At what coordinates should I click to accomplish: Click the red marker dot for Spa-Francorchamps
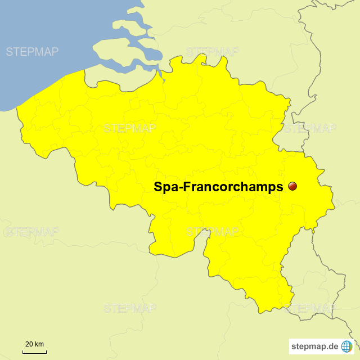point(292,186)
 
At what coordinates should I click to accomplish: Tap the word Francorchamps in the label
point(236,187)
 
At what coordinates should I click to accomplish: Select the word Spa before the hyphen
point(166,187)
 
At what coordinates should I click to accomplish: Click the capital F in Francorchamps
point(188,187)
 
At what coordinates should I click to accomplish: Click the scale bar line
point(34,353)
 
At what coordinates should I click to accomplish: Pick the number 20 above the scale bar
point(29,344)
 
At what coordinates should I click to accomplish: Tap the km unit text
point(39,344)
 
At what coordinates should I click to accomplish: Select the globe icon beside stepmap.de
point(347,346)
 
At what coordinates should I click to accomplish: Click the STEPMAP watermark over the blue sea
point(32,52)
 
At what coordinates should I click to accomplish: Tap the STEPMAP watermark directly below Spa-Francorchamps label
point(212,231)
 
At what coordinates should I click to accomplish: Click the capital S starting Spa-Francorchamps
point(158,187)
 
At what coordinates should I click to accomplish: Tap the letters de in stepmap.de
point(333,346)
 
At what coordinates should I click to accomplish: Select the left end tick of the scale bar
point(23,352)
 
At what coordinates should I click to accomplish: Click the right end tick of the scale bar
point(46,352)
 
